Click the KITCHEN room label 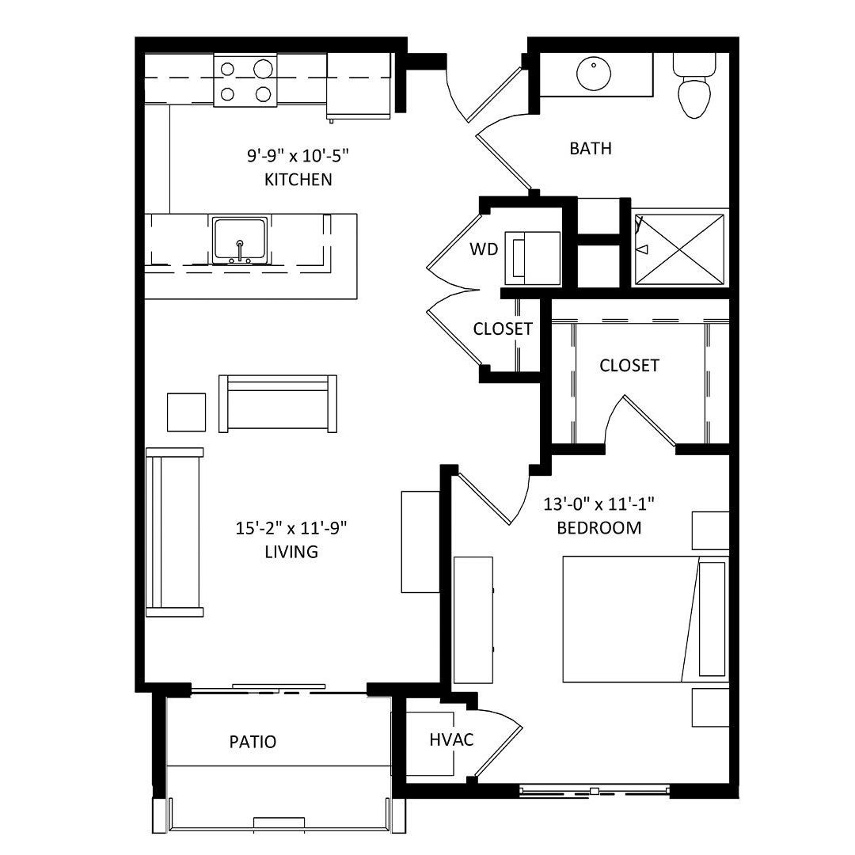(x=298, y=180)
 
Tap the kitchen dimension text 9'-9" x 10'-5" (x=298, y=156)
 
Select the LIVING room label (x=291, y=552)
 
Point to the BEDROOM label (x=598, y=528)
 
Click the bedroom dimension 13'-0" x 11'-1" (x=598, y=504)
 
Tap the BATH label (x=591, y=148)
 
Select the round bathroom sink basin (x=593, y=74)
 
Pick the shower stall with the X (x=679, y=249)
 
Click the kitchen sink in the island (x=240, y=240)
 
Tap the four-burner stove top (x=245, y=81)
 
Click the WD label (x=484, y=249)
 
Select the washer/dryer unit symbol (x=532, y=258)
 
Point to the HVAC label (x=451, y=740)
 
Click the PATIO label (x=253, y=742)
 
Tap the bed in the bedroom (x=646, y=619)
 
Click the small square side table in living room (x=187, y=412)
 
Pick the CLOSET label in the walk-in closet (x=629, y=365)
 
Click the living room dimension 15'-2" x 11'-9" (x=291, y=528)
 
